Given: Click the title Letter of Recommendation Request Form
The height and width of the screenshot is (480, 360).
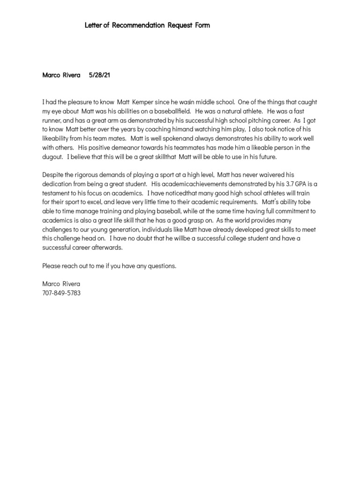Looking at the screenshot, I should point(147,25).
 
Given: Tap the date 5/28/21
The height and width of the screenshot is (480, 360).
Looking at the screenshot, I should point(99,75).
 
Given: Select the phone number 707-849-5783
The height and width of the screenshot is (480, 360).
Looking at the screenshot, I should point(61,293).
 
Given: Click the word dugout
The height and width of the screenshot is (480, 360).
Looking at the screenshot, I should point(52,157).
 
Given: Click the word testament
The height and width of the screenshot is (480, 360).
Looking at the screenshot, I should point(57,193).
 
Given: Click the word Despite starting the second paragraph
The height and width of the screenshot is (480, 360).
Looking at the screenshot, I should point(52,175).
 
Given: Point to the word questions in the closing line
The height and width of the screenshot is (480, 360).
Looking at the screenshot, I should point(162,266).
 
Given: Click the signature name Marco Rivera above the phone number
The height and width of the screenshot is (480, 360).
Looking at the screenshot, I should point(61,284).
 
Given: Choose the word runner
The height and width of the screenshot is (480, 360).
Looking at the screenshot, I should point(51,120).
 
